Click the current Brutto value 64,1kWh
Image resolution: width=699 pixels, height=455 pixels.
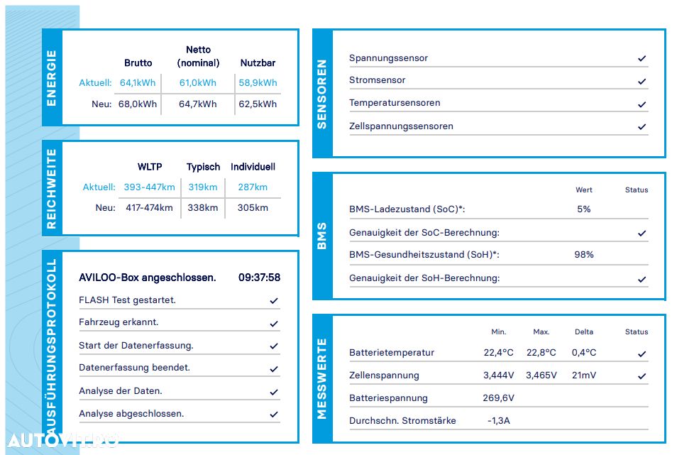click(137, 82)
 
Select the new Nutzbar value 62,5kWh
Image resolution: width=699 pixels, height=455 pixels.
click(258, 104)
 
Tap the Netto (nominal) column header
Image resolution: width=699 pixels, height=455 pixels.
click(199, 56)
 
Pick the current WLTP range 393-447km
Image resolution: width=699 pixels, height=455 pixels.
click(149, 187)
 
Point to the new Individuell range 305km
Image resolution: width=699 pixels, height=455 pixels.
click(253, 207)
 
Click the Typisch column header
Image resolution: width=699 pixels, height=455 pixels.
click(203, 167)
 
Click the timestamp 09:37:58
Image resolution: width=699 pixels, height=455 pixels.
click(259, 278)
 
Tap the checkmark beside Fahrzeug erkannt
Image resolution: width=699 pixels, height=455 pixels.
click(274, 324)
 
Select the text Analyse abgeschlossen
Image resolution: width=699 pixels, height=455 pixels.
click(131, 414)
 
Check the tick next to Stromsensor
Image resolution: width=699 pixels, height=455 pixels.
click(642, 81)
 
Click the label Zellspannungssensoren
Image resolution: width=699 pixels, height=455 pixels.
click(401, 126)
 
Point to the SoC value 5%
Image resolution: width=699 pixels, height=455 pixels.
click(583, 209)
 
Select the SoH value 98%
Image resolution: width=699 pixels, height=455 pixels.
click(583, 254)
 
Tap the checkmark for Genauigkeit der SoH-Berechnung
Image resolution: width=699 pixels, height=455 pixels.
click(642, 279)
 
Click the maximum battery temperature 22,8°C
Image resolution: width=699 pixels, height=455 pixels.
click(541, 352)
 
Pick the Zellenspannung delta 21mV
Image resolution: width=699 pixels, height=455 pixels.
click(584, 375)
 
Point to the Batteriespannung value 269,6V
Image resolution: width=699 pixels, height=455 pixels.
click(498, 398)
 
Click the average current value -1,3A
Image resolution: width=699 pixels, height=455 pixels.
click(498, 421)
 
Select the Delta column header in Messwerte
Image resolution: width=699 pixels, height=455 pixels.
click(584, 332)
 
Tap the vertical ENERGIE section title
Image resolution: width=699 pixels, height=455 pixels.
click(52, 78)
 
